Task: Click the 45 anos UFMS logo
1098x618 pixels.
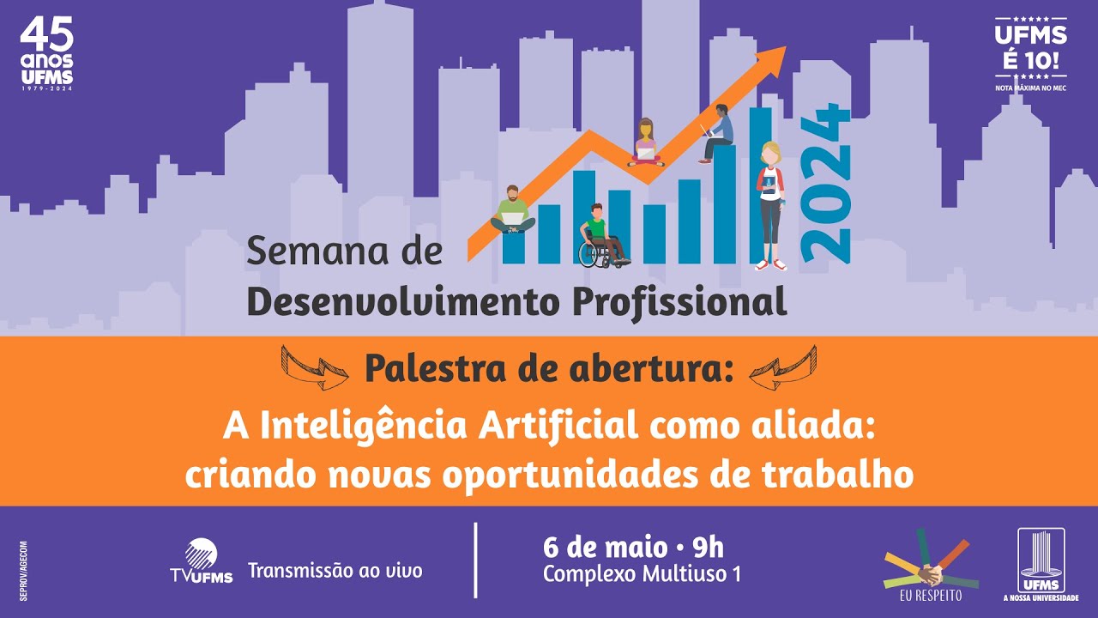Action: tap(47, 54)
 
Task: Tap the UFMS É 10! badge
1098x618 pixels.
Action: tap(1029, 52)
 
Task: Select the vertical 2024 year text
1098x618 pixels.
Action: tap(824, 183)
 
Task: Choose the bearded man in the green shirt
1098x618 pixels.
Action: tap(513, 211)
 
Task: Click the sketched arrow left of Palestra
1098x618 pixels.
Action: tap(315, 367)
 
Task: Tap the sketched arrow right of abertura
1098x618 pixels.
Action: tap(782, 367)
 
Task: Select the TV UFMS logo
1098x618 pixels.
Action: tap(201, 563)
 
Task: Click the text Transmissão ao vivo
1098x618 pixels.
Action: tap(335, 571)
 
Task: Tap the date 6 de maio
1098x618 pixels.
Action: tap(605, 546)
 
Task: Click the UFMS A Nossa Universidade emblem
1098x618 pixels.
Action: tap(1041, 564)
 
